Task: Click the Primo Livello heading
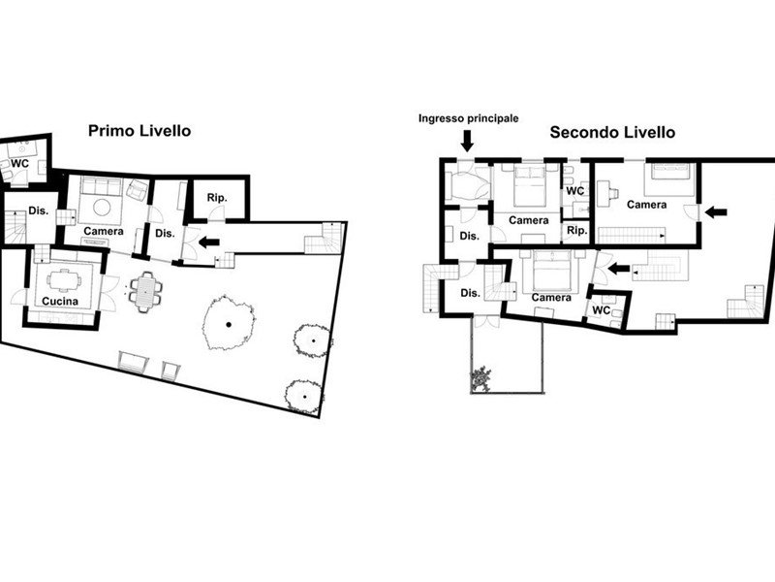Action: (x=139, y=131)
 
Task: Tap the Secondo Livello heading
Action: (x=612, y=132)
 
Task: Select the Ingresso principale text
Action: (x=469, y=118)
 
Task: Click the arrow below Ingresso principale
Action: (x=467, y=140)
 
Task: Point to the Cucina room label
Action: (x=60, y=301)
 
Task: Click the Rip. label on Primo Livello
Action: (x=217, y=198)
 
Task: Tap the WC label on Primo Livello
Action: (x=19, y=163)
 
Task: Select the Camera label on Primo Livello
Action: (x=104, y=231)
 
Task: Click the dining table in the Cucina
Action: (x=64, y=280)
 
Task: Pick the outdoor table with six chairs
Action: (x=146, y=292)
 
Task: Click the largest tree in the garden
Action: (x=229, y=323)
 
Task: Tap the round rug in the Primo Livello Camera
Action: (x=102, y=208)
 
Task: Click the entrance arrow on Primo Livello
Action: (x=209, y=242)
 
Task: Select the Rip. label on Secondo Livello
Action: (x=576, y=230)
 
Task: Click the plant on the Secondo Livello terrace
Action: (x=481, y=378)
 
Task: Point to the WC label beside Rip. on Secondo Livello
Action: (x=575, y=190)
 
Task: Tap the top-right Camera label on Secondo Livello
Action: (x=646, y=205)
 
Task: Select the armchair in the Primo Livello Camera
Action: (x=138, y=190)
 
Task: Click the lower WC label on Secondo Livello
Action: (x=601, y=310)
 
